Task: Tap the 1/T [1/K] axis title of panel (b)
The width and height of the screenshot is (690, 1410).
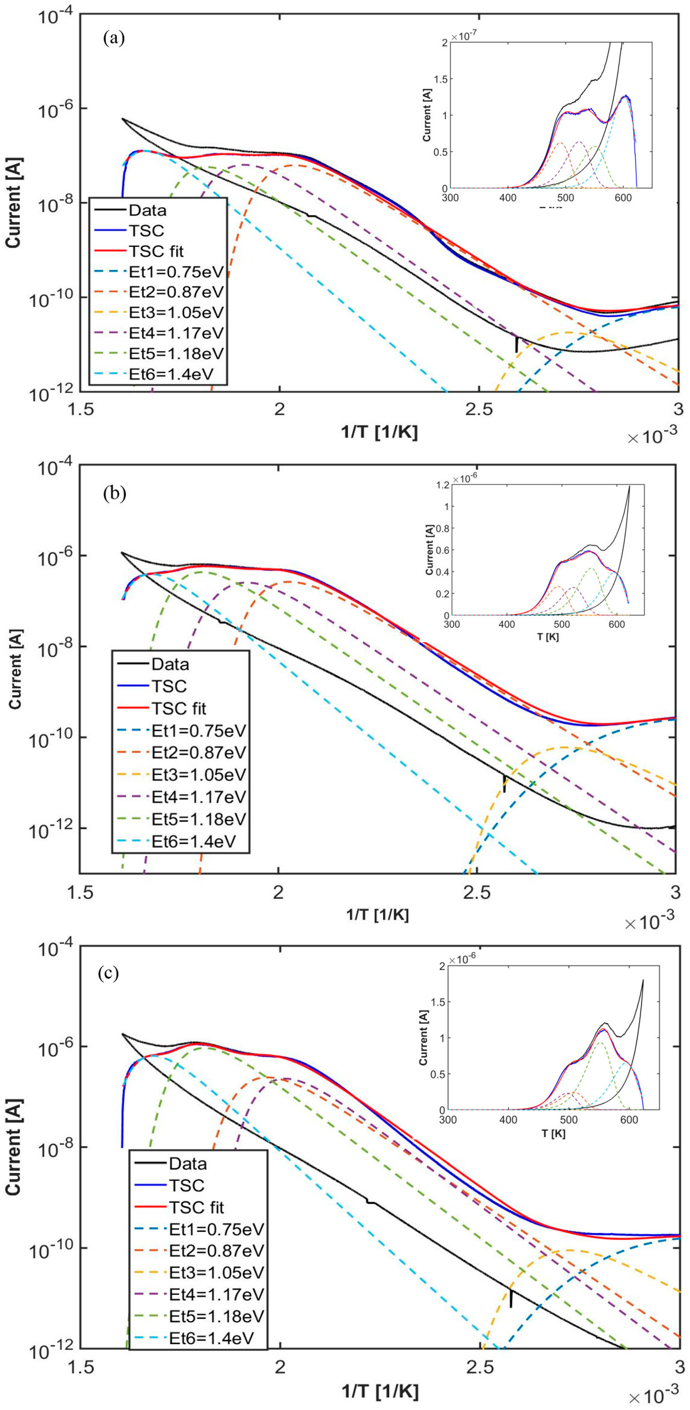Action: [377, 914]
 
